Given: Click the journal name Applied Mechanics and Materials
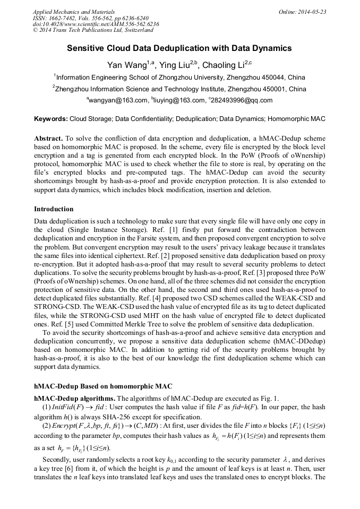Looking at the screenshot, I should click(74, 11).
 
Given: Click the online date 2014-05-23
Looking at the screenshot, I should click(308, 11).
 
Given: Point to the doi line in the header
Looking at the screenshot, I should click(96, 24).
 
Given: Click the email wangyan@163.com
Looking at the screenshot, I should click(117, 100).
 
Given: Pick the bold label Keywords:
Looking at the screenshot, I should click(50, 119).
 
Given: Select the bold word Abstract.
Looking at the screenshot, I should click(48, 137).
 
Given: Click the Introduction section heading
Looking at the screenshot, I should click(54, 209).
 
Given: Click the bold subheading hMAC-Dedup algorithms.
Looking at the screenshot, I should click(74, 398).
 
